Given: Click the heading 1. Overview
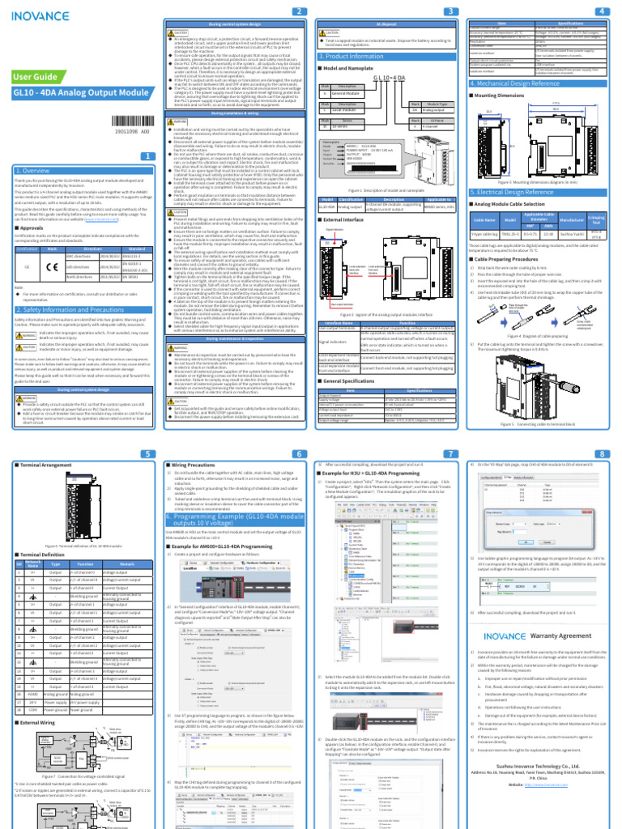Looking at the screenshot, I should coord(34,171).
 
